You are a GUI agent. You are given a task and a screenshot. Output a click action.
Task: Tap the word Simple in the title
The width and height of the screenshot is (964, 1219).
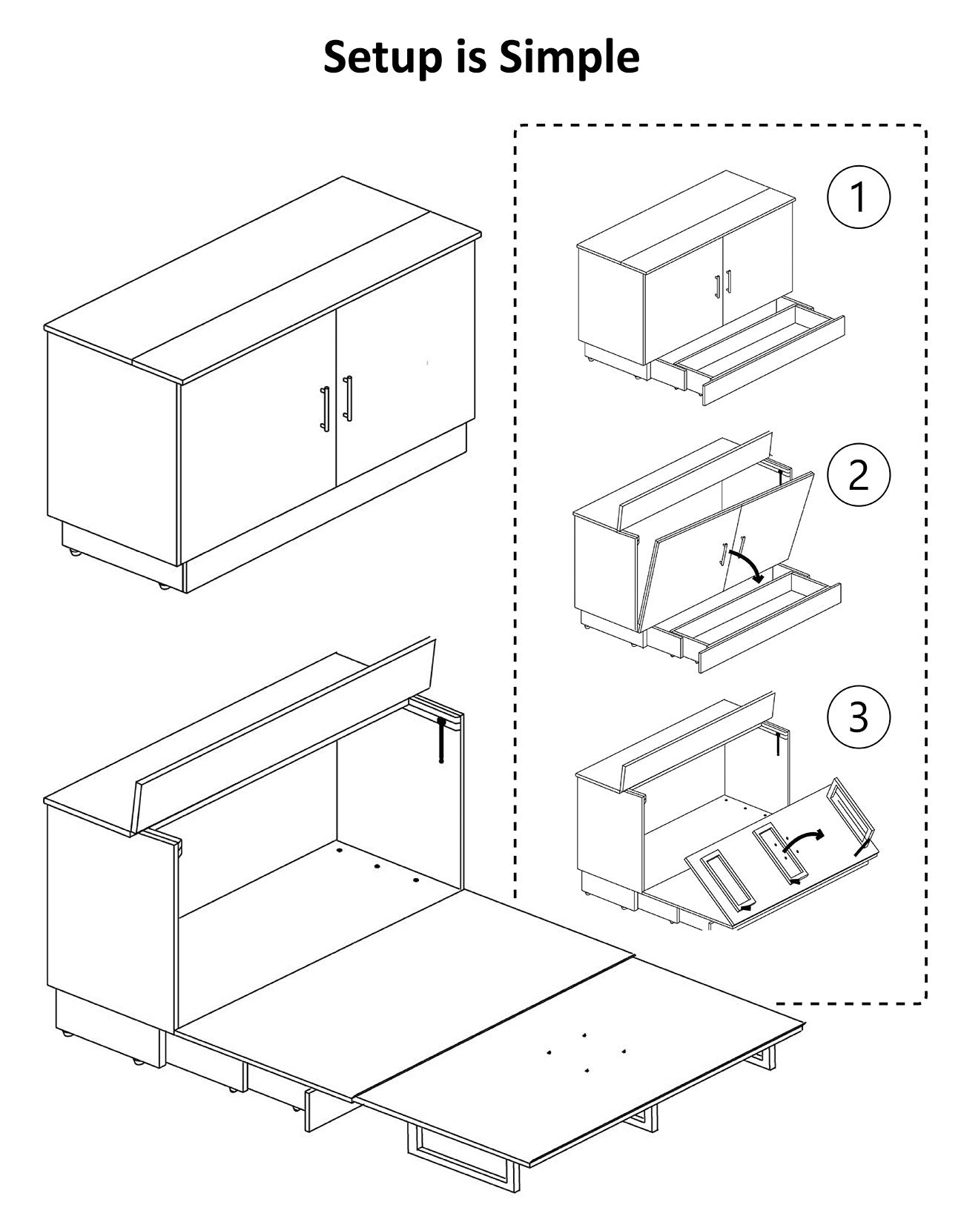coord(569,58)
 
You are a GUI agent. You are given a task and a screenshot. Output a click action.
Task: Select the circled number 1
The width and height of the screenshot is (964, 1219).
coord(858,197)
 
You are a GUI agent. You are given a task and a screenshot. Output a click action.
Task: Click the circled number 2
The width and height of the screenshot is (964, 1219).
coord(858,475)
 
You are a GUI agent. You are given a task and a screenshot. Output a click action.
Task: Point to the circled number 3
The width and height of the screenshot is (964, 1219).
coord(858,717)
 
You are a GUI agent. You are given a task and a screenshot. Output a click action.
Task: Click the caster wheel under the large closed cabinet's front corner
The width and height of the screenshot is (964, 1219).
coord(162,585)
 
